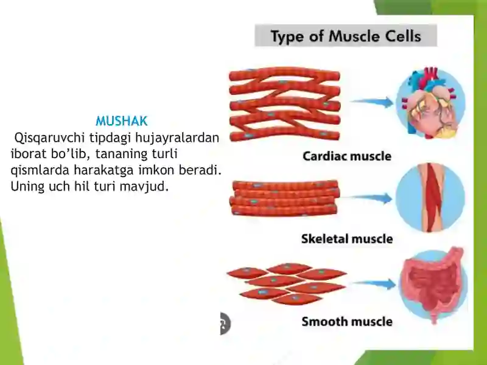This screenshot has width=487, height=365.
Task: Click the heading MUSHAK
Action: tap(121, 121)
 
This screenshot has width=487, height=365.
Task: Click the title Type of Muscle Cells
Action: tap(346, 36)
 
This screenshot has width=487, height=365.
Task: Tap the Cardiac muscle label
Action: tap(347, 156)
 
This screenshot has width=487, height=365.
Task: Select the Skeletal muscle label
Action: tap(347, 238)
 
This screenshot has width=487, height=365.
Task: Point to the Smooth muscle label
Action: tap(347, 322)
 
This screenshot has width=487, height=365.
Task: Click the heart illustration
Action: tap(431, 102)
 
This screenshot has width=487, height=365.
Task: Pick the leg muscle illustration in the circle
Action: tap(430, 198)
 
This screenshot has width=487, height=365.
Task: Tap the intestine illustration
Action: tap(433, 285)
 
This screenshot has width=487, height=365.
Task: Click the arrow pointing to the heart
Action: tap(372, 102)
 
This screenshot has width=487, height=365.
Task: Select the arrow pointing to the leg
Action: tap(366, 198)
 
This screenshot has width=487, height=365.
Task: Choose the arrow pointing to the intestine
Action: tap(375, 283)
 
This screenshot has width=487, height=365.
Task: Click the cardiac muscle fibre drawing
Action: tap(285, 104)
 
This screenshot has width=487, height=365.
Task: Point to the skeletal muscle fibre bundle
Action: tap(284, 198)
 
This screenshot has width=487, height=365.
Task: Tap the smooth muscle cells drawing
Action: tap(287, 283)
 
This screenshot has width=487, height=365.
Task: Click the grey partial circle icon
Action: tap(225, 324)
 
